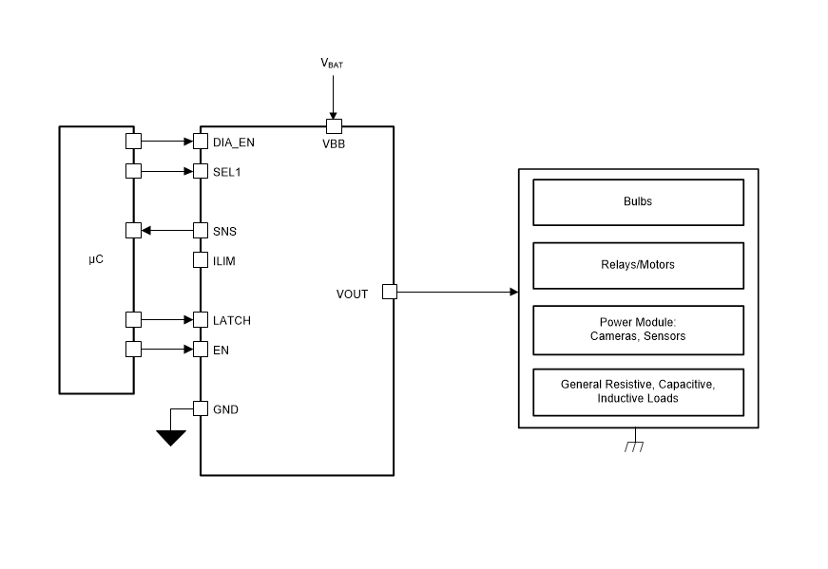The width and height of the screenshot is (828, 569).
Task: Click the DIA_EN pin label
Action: pos(234,142)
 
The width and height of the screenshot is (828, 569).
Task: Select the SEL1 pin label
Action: pos(226,172)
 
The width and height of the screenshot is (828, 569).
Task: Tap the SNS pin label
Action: pos(224,231)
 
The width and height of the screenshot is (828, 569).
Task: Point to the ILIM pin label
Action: pos(224,260)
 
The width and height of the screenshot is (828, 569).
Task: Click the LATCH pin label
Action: pos(232,320)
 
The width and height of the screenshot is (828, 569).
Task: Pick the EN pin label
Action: pos(221,350)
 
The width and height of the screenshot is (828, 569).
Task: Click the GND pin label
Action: pos(225,409)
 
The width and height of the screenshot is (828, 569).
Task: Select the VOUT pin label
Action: pos(352,294)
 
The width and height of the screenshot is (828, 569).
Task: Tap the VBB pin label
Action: pos(334,143)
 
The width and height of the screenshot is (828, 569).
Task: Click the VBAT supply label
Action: pos(332,64)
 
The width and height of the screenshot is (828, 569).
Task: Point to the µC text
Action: pos(96,259)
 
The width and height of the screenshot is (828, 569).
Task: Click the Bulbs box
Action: pos(639,202)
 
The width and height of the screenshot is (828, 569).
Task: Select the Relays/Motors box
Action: pos(639,265)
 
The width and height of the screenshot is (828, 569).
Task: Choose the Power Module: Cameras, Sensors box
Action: pos(639,330)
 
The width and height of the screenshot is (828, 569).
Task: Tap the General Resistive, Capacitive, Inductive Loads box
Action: pos(639,392)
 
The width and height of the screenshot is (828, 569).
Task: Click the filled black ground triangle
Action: pos(170,437)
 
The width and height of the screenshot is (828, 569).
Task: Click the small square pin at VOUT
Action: pos(390,292)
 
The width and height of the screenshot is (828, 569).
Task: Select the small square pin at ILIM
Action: pos(201,259)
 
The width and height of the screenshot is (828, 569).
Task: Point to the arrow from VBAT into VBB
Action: pos(334,97)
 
